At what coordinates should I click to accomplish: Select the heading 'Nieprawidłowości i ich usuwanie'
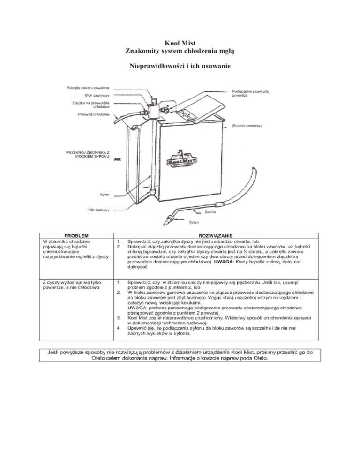180,67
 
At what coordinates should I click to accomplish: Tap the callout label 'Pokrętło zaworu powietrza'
88,88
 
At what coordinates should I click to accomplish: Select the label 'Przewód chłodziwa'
94,114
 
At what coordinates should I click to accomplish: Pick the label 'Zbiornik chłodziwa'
247,126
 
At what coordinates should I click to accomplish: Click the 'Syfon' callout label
104,193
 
